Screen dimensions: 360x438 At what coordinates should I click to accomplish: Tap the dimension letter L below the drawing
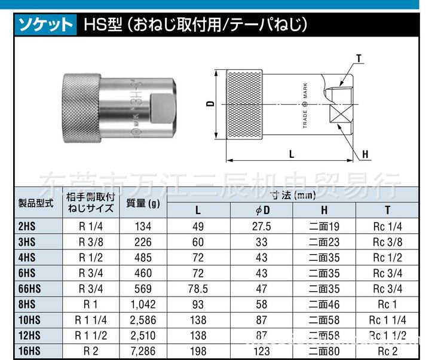click(x=292, y=154)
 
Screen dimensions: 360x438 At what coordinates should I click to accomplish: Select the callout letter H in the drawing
click(x=365, y=154)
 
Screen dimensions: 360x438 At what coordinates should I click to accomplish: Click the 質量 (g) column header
click(x=143, y=203)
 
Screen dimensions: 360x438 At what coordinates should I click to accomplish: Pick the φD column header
click(x=261, y=210)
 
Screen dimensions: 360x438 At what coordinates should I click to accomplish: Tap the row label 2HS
click(x=27, y=226)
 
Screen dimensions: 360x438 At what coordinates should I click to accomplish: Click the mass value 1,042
click(x=143, y=304)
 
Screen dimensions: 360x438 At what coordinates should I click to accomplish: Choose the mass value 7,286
click(x=143, y=351)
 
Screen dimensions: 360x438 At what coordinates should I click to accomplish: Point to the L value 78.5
click(x=198, y=289)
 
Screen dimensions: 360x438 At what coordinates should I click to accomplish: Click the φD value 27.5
click(x=261, y=226)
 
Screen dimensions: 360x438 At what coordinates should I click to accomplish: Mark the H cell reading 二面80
click(x=324, y=351)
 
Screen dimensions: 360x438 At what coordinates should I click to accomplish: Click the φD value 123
click(x=261, y=351)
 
